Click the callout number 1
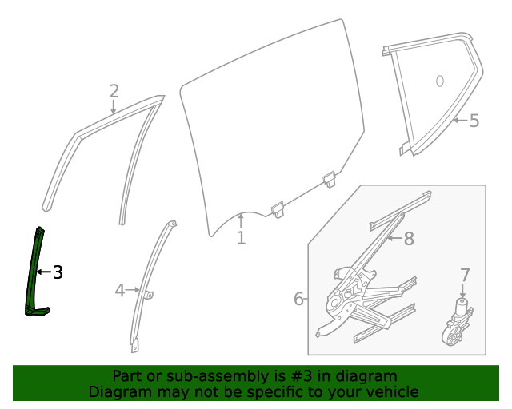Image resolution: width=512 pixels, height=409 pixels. tap(241, 238)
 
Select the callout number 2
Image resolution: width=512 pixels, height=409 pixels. tap(114, 90)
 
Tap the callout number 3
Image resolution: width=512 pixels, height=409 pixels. tap(58, 272)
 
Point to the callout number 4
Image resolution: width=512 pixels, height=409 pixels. tap(120, 291)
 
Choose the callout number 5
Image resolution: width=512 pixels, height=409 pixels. tap(474, 121)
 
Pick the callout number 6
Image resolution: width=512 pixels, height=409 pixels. tap(298, 299)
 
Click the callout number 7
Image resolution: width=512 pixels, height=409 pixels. tap(465, 276)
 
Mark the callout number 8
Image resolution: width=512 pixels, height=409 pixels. tap(408, 238)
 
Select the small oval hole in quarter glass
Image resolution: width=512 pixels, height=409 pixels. tap(439, 81)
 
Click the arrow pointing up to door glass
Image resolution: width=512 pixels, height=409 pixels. tap(240, 219)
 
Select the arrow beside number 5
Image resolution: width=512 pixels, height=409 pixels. tap(458, 121)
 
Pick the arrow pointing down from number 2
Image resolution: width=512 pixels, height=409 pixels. tap(114, 107)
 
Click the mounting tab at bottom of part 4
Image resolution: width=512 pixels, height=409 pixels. tap(134, 346)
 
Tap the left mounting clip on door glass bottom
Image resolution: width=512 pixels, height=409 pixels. tap(278, 209)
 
